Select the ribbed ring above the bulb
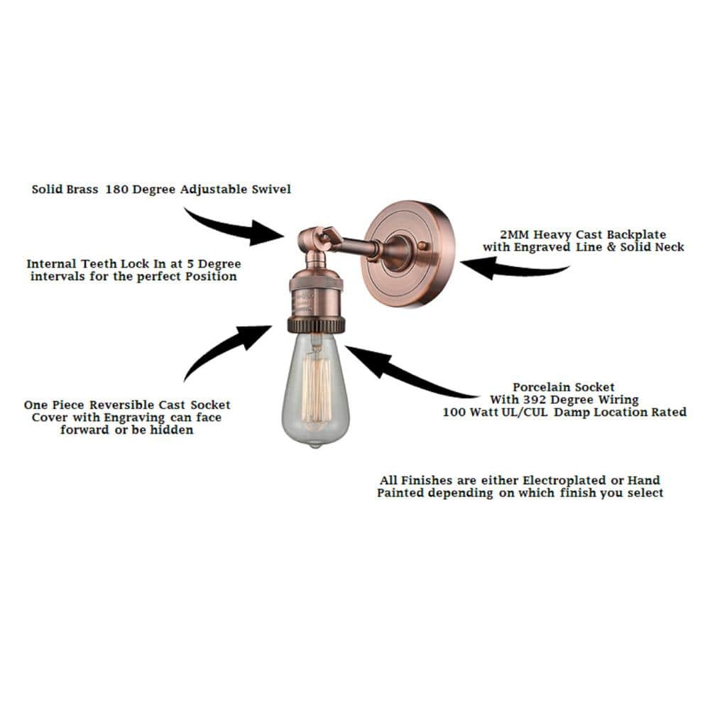pos(315,326)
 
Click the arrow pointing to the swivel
pos(234,224)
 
